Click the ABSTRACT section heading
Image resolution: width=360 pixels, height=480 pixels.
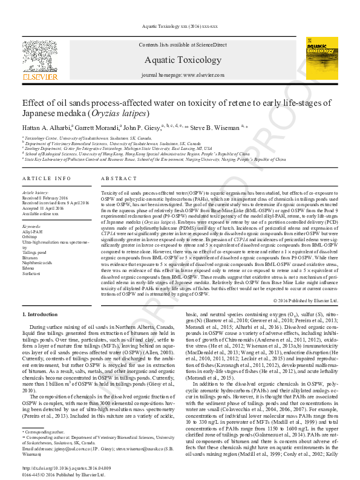coord(114,180)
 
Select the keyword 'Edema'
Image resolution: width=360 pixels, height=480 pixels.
coord(30,268)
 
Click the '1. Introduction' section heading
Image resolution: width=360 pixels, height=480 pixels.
coord(41,314)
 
